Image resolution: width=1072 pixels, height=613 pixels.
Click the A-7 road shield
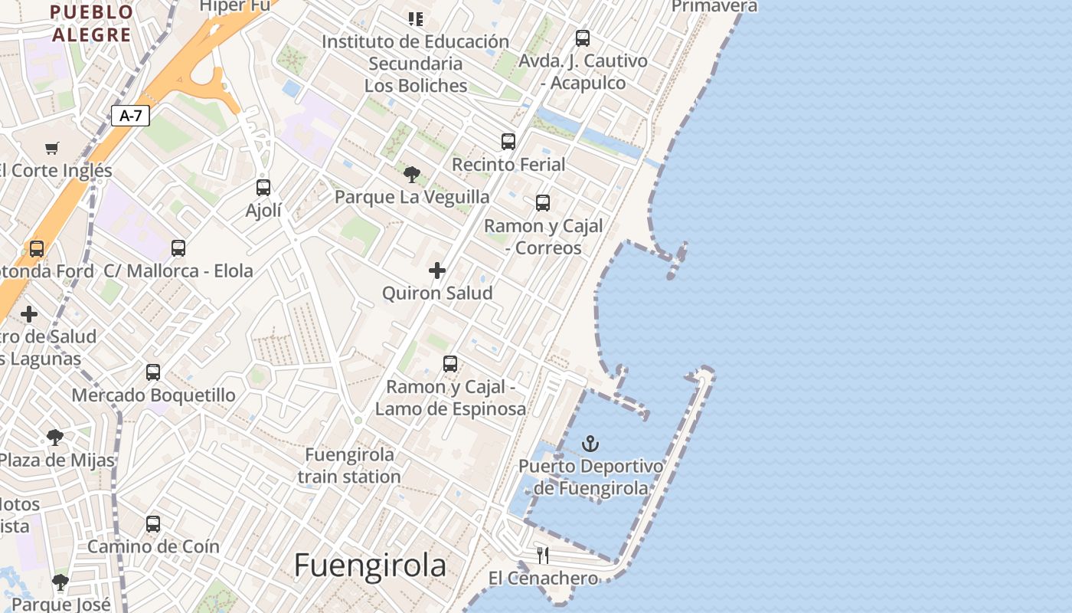click(x=130, y=116)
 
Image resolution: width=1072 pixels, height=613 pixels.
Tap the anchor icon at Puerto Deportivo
click(x=590, y=444)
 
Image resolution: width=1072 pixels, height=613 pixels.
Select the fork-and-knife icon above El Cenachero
click(x=543, y=555)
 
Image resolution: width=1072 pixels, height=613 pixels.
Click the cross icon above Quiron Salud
click(x=437, y=270)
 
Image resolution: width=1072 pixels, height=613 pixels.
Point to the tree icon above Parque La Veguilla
click(x=412, y=175)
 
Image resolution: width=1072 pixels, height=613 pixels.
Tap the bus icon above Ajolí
click(x=263, y=188)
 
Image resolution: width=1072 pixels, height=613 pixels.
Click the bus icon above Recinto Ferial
click(x=508, y=142)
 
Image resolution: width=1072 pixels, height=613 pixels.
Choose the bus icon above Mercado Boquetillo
click(x=153, y=372)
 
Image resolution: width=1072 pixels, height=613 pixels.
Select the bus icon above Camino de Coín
click(x=153, y=524)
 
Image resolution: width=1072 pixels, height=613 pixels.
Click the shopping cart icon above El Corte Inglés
click(x=51, y=148)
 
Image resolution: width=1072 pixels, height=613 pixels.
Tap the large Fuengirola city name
click(x=370, y=565)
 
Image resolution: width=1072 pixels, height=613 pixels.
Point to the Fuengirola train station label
click(x=349, y=465)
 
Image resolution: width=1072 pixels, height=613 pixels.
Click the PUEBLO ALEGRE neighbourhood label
click(x=92, y=23)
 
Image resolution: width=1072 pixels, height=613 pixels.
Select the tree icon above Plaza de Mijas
click(x=54, y=438)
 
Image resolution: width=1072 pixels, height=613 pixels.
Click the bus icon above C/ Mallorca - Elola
click(x=178, y=248)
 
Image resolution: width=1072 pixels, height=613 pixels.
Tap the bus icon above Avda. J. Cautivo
click(x=583, y=38)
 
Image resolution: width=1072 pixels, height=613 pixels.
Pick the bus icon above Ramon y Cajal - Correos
click(x=543, y=203)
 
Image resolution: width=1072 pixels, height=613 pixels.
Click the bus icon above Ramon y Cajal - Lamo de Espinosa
click(x=450, y=364)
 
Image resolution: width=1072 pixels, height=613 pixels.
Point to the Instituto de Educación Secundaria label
click(x=415, y=63)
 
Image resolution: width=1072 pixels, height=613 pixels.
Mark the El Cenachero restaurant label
click(x=543, y=579)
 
